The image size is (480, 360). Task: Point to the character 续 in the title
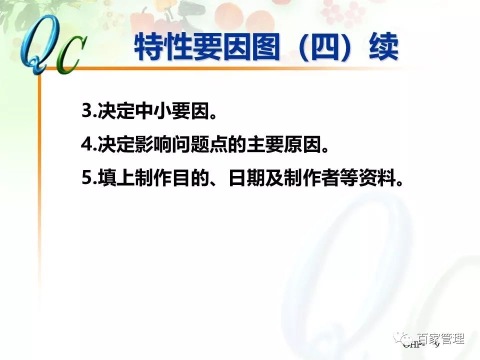(383, 48)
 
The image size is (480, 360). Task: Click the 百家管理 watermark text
(440, 339)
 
